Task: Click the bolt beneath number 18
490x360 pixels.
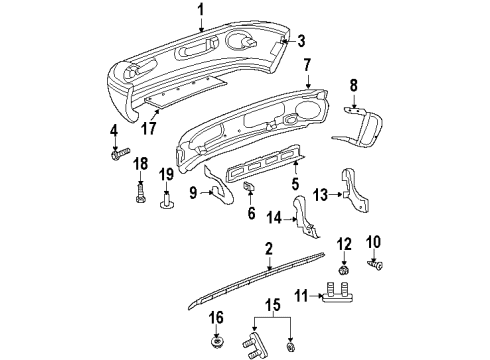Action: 140,190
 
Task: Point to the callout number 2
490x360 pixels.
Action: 269,250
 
